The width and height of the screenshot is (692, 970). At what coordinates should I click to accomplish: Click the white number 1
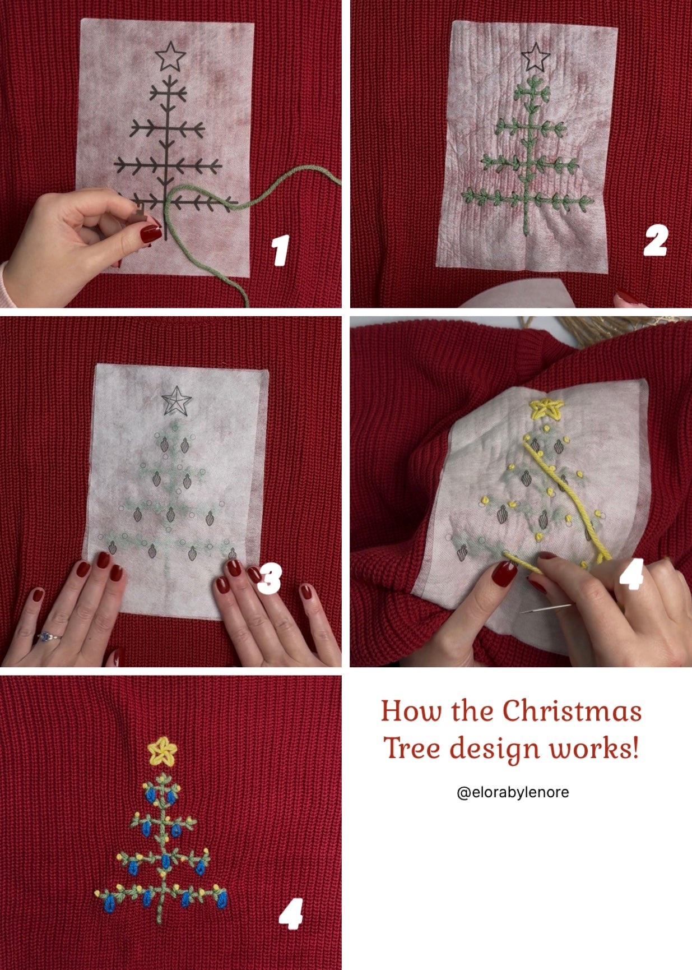point(281,250)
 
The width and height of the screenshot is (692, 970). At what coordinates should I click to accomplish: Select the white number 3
point(270,579)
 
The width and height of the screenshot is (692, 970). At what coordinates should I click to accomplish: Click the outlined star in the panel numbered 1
point(170,56)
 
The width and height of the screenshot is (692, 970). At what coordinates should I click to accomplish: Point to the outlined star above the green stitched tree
point(535,57)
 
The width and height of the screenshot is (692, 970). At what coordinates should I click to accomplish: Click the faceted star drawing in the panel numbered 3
point(177,400)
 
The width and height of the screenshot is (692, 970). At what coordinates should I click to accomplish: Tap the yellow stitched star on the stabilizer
point(545,409)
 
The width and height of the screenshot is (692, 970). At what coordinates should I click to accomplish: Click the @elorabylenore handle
point(513,792)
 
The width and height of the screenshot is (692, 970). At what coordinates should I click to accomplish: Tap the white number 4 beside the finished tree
point(291,913)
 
